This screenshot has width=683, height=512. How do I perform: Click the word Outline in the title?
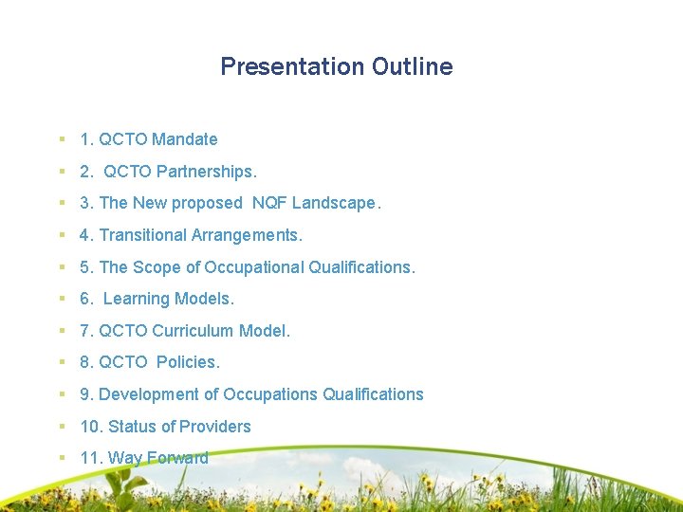point(413,66)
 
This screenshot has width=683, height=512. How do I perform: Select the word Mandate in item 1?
point(185,139)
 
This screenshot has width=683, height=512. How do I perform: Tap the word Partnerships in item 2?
point(205,172)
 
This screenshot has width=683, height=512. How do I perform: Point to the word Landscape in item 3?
point(336,203)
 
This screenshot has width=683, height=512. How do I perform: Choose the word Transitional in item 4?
point(142,235)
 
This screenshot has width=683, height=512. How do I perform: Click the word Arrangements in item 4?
point(246,235)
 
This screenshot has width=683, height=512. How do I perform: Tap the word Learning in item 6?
point(135,299)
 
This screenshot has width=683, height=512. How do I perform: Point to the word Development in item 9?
point(143,394)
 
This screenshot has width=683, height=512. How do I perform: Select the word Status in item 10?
point(133,427)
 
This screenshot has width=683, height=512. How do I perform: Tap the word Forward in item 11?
point(176,458)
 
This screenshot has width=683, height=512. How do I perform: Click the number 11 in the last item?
point(89,458)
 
